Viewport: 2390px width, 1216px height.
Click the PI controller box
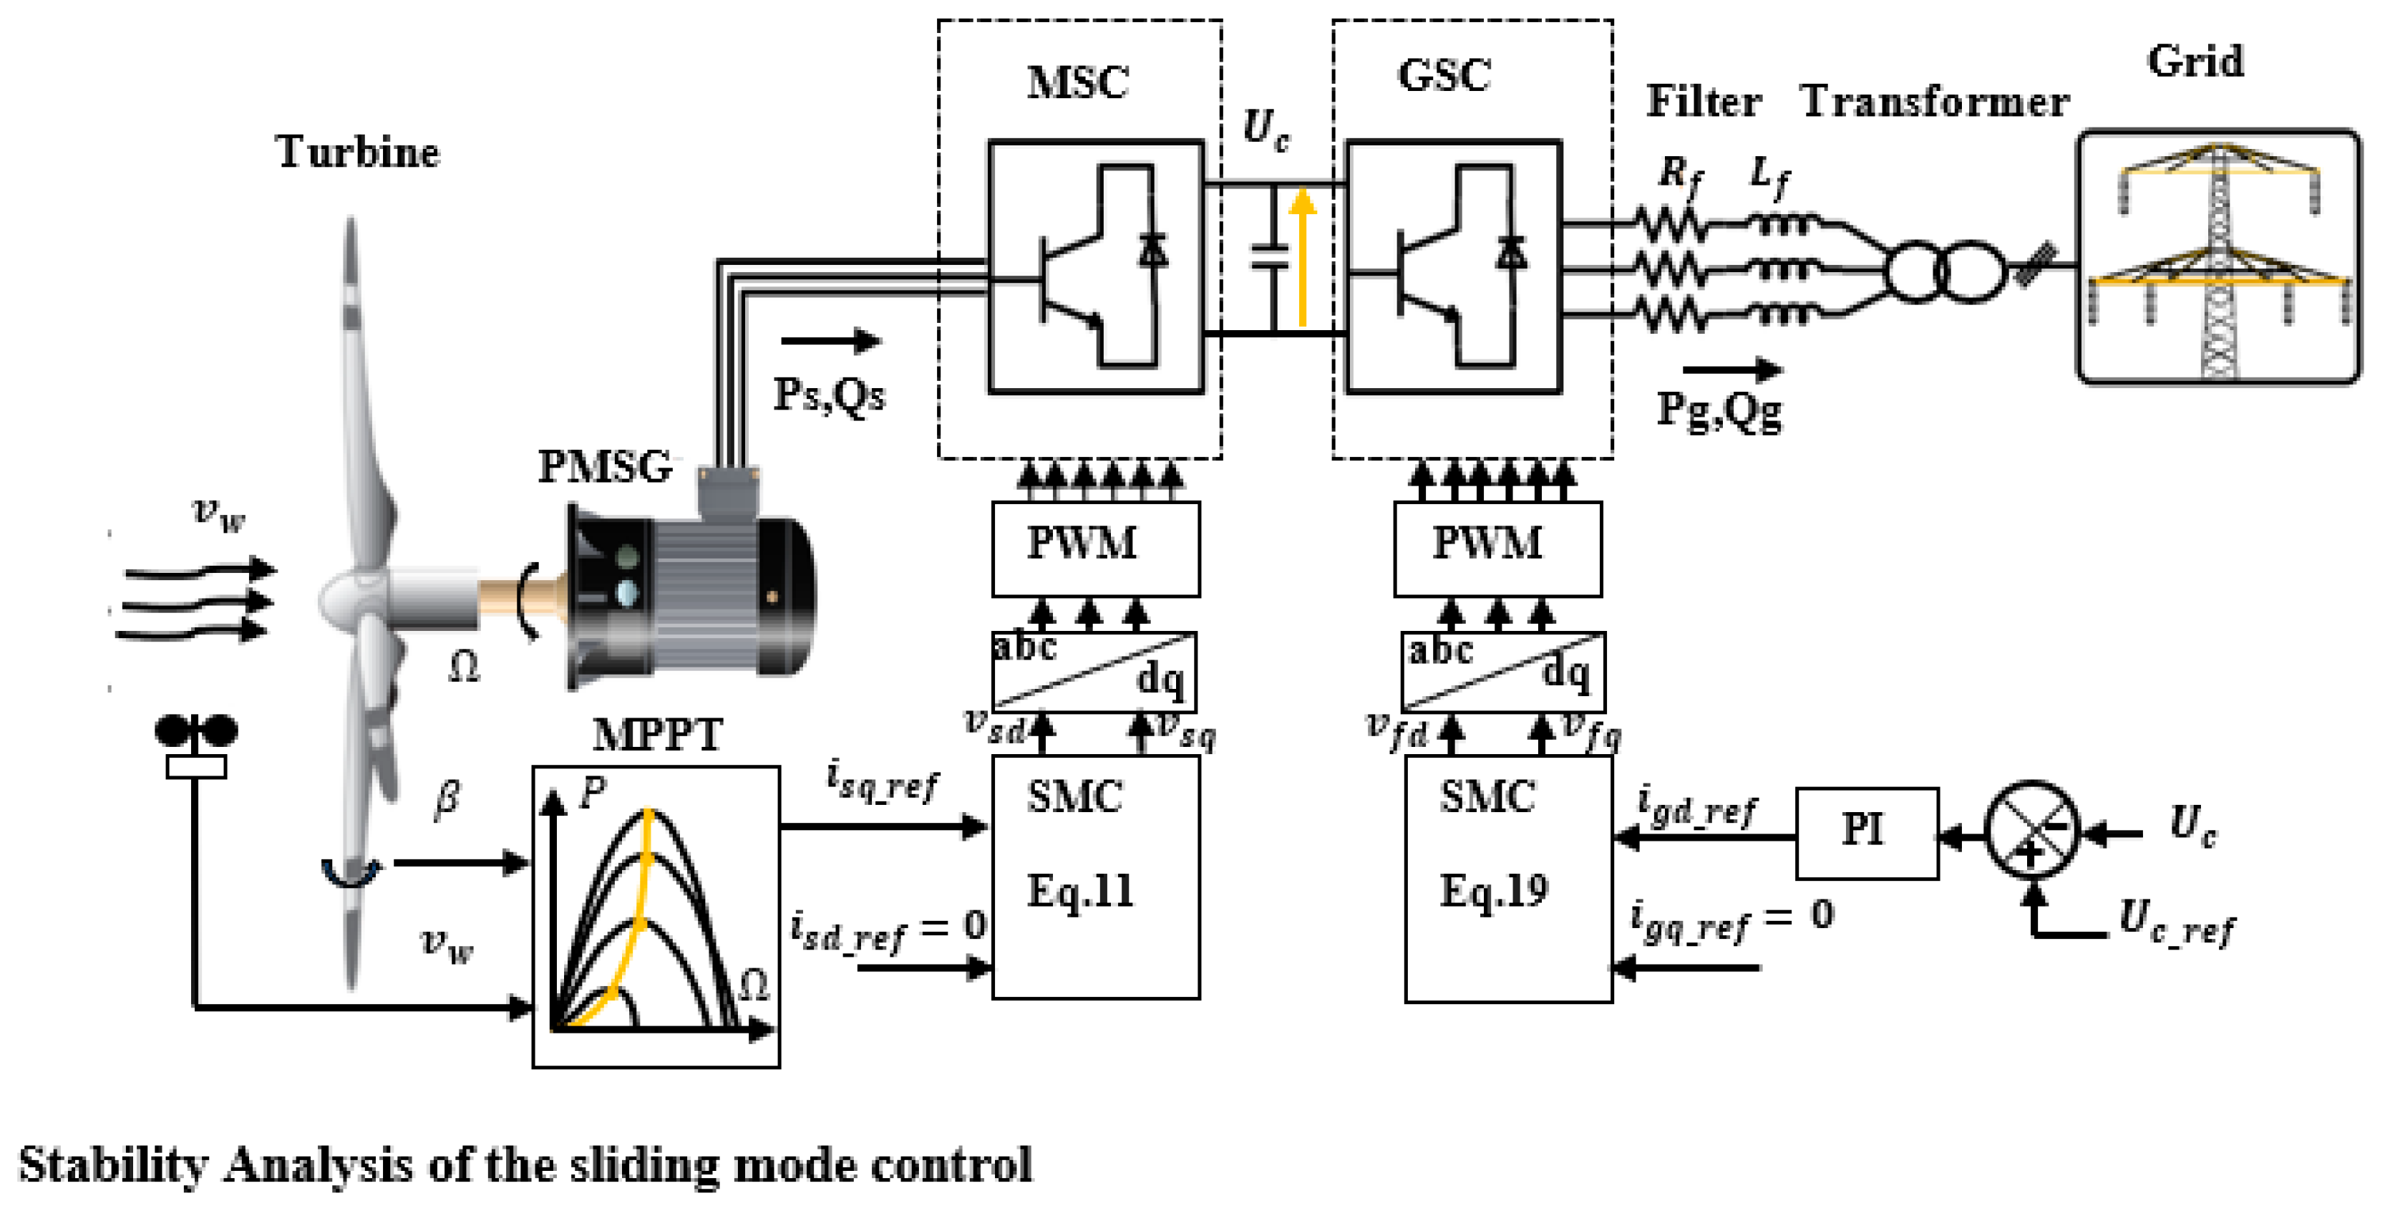(1866, 833)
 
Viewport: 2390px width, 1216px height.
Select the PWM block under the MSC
(1095, 549)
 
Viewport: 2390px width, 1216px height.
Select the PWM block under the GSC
(1497, 549)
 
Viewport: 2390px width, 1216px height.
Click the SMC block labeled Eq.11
(1095, 877)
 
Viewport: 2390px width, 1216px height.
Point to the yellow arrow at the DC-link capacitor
(1303, 257)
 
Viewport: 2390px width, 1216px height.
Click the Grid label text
(2195, 62)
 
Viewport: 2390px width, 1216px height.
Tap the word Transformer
(1935, 101)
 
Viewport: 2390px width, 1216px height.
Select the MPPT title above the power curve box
(657, 735)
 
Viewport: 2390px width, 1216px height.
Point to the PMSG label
(605, 467)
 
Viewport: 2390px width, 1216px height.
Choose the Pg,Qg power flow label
(1719, 410)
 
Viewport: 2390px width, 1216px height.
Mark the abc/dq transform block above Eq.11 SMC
(1094, 671)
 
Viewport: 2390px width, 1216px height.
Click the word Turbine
(357, 151)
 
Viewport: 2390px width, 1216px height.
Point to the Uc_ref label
(2177, 922)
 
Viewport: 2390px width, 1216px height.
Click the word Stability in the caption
(114, 1166)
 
